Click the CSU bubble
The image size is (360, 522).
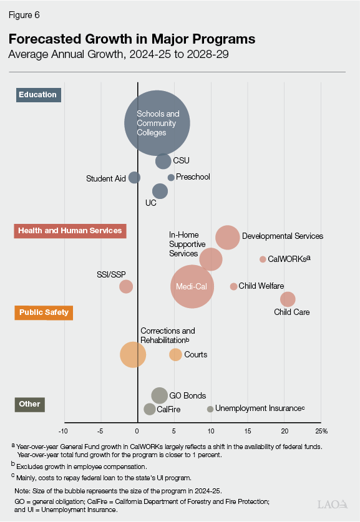pos(163,161)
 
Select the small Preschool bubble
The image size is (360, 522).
pos(171,178)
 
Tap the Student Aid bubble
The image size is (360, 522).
pos(135,178)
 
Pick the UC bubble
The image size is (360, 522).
pos(160,191)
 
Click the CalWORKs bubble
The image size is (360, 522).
pos(263,259)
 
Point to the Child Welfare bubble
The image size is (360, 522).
pos(233,286)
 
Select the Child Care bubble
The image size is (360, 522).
pos(288,299)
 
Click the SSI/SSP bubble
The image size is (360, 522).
pos(126,286)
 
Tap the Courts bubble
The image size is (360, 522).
pos(176,355)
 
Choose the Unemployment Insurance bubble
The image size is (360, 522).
pos(210,409)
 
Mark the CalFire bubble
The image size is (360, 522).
pos(150,409)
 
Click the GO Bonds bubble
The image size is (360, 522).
pos(160,395)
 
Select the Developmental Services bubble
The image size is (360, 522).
pos(228,237)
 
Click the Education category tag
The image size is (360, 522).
pos(38,95)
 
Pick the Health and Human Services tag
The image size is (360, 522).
pos(70,231)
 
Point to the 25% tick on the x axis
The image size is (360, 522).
pos(323,431)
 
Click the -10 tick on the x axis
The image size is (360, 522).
pos(63,431)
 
